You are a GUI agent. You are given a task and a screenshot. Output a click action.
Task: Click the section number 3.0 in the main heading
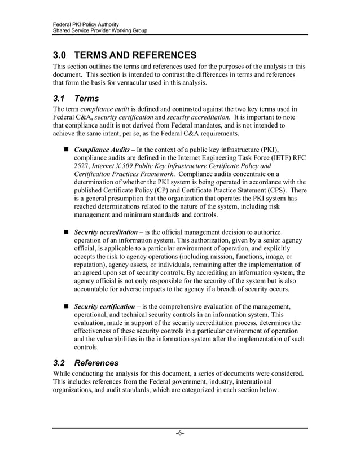60,55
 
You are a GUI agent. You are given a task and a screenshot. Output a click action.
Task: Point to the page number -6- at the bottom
180,433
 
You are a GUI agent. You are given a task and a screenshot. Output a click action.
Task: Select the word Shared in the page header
62,30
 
